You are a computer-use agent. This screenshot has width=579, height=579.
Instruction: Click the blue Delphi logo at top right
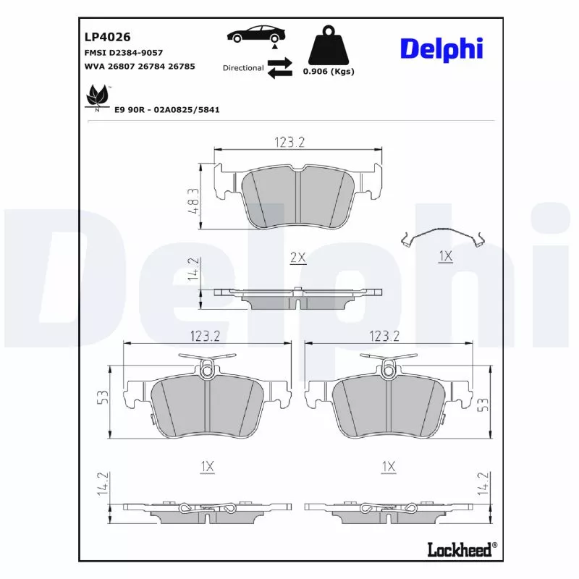coord(441,48)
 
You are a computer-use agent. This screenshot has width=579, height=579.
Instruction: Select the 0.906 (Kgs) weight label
coord(329,71)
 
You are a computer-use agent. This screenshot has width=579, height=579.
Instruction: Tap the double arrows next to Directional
coord(279,67)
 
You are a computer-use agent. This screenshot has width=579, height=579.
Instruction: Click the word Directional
coord(243,68)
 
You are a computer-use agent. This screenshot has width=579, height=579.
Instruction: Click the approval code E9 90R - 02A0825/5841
coord(166,110)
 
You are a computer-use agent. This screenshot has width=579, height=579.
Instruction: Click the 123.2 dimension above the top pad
coord(289,143)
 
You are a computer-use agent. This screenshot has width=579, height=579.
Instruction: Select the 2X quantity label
coord(297,258)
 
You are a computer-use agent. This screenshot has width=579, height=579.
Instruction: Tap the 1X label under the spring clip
coord(445,256)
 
